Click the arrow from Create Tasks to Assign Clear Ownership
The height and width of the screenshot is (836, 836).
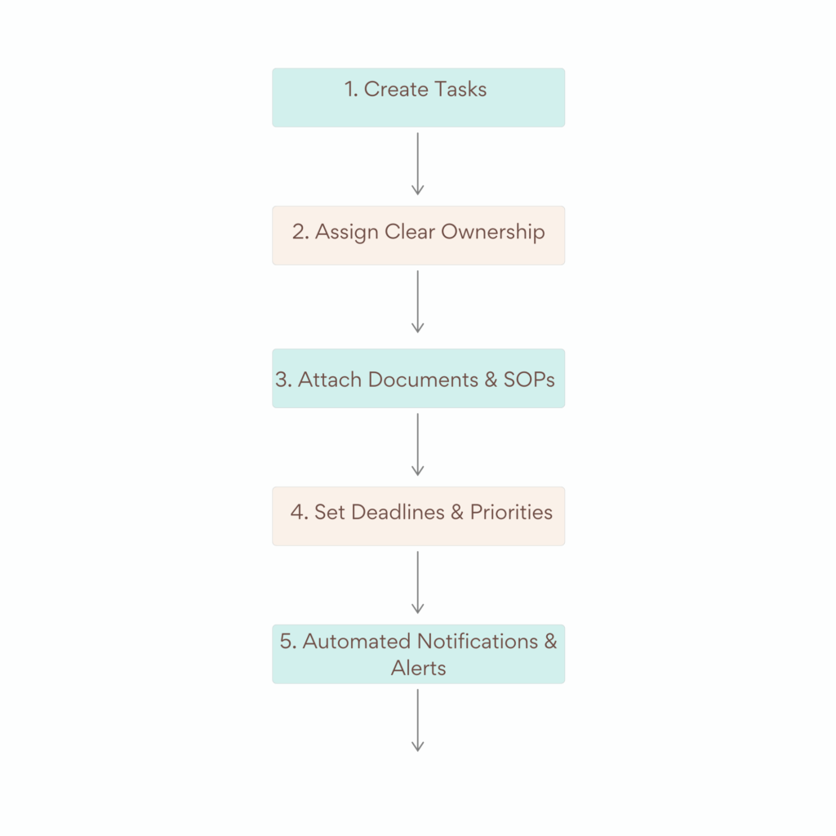click(418, 164)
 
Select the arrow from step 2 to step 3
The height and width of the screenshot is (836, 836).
click(418, 302)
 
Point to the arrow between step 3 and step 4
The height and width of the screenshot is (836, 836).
click(418, 444)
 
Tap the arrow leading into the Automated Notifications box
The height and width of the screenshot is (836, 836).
click(418, 582)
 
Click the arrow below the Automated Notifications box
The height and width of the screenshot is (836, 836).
click(418, 720)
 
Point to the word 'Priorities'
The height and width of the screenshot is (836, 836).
click(511, 513)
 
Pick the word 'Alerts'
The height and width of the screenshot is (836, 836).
click(418, 668)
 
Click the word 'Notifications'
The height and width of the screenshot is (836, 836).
click(478, 642)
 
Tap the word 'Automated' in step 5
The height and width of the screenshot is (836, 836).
click(357, 642)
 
